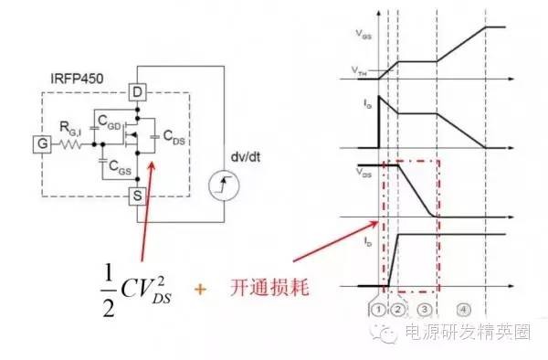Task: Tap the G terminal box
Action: (41, 144)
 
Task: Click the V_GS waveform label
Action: (364, 32)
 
